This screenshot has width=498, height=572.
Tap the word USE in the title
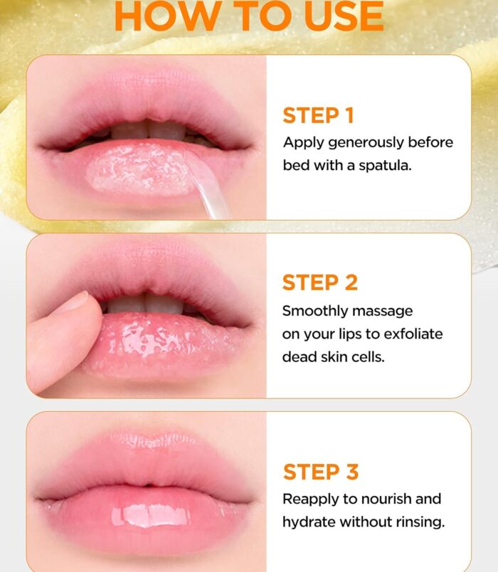click(344, 16)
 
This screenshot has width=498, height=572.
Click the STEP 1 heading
click(318, 116)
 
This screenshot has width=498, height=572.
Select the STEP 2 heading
click(320, 282)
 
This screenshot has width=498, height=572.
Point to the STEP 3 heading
click(321, 472)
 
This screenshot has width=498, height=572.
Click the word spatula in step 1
click(386, 166)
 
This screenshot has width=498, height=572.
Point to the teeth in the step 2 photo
click(146, 304)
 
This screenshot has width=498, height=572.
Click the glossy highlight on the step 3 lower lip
click(150, 515)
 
